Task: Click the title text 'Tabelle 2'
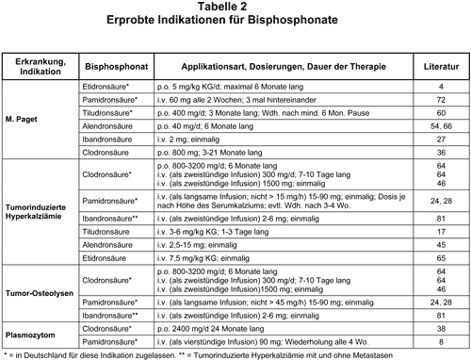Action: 235,8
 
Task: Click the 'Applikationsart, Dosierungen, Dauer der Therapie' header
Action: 283,69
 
